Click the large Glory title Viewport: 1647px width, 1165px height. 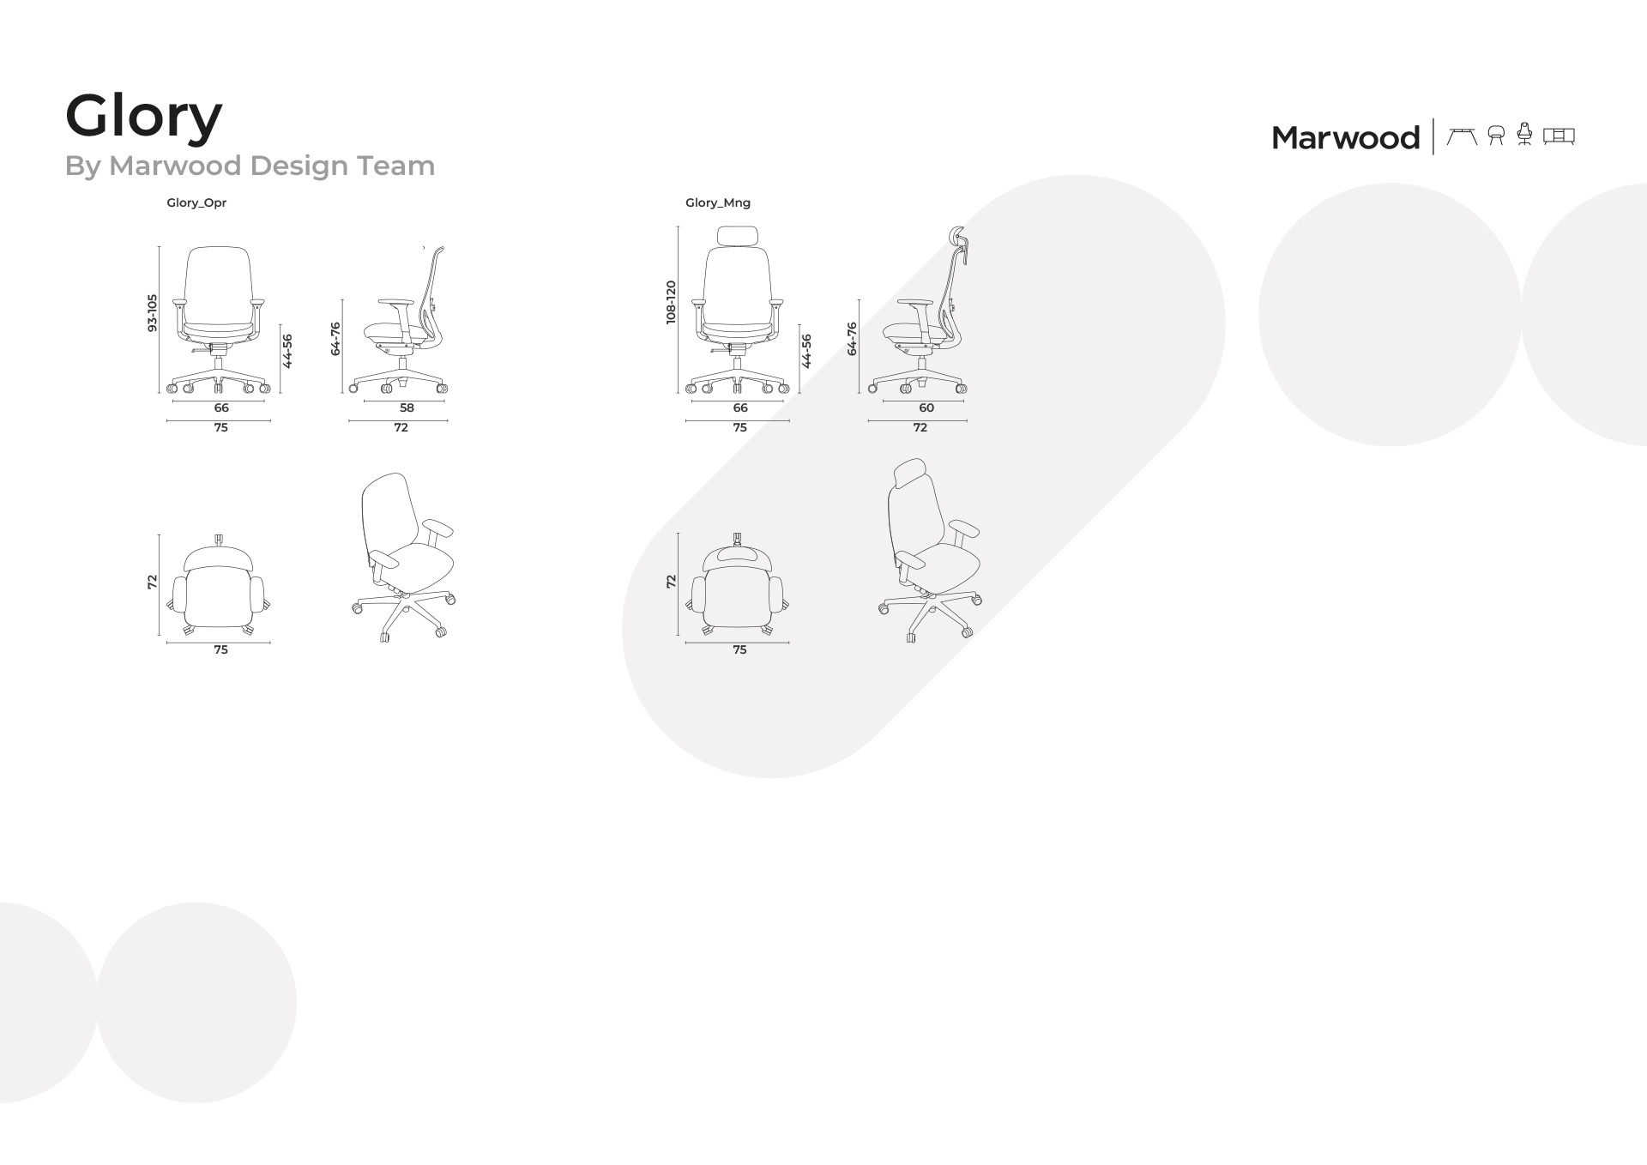[x=143, y=117]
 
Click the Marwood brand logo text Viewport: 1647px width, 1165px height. [x=1345, y=137]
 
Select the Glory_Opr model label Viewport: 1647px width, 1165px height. [x=196, y=203]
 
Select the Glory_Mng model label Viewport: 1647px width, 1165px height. [x=718, y=203]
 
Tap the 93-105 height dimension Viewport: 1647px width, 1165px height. [x=153, y=313]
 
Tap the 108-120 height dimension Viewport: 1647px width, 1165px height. [x=671, y=302]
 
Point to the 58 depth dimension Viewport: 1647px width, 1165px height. [x=407, y=407]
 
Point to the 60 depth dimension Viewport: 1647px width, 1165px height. [x=926, y=407]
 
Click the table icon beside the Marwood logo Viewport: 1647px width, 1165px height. [x=1462, y=136]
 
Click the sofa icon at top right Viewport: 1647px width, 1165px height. [x=1559, y=136]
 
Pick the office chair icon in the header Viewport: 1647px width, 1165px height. [x=1524, y=134]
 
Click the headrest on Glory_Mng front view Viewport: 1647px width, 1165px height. [x=738, y=237]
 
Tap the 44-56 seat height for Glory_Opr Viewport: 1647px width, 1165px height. [x=287, y=351]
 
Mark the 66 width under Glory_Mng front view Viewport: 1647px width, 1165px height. [x=740, y=407]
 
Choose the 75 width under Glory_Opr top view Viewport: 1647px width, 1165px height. [x=220, y=649]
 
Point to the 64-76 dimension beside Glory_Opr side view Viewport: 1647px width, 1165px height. [x=335, y=339]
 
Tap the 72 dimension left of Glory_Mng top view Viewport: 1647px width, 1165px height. [x=671, y=581]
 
